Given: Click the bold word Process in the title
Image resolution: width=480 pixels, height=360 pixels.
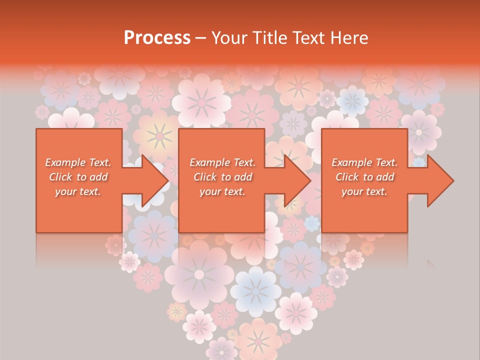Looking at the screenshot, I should click(157, 38).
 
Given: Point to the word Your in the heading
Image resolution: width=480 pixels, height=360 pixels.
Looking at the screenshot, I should click(229, 38).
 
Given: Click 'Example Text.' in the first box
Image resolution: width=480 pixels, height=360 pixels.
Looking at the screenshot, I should click(78, 162).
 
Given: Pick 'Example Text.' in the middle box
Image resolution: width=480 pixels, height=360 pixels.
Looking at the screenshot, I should click(222, 162).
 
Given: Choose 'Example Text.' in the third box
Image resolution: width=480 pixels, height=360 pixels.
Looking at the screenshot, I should click(364, 162).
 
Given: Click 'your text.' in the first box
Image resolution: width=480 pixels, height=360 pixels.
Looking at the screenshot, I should click(78, 191).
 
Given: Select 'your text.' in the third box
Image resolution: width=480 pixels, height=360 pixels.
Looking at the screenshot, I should click(364, 191).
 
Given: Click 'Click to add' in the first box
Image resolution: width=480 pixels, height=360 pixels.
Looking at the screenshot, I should click(78, 177).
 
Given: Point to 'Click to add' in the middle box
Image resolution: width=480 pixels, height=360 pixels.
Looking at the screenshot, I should click(222, 177).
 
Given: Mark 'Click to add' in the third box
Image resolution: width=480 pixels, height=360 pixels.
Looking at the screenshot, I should click(364, 177).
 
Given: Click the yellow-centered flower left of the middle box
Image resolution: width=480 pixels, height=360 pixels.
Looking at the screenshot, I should click(159, 135).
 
